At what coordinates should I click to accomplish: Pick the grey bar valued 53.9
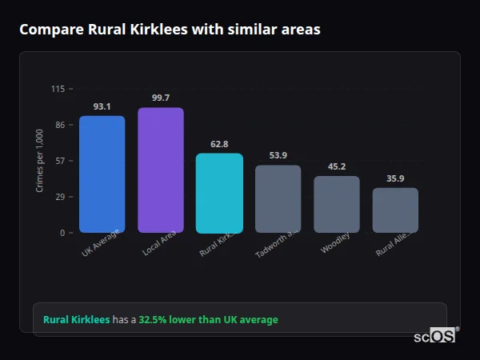[x=278, y=199]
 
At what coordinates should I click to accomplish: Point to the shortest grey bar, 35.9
[x=395, y=210]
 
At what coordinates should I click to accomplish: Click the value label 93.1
[x=102, y=106]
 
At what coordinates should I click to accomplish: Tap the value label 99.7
[x=160, y=98]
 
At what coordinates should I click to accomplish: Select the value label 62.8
[x=219, y=144]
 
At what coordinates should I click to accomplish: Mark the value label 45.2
[x=336, y=166]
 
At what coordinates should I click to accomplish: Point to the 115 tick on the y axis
[x=58, y=89]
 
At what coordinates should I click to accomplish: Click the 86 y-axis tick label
[x=59, y=125]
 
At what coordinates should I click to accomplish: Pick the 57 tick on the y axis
[x=59, y=161]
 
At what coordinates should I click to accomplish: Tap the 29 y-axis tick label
[x=59, y=197]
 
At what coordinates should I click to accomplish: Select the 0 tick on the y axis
[x=62, y=233]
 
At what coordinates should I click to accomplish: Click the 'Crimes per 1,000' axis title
[x=40, y=161]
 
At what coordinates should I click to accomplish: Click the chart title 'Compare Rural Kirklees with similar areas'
[x=170, y=30]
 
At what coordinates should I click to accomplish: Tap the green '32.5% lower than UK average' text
[x=208, y=320]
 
